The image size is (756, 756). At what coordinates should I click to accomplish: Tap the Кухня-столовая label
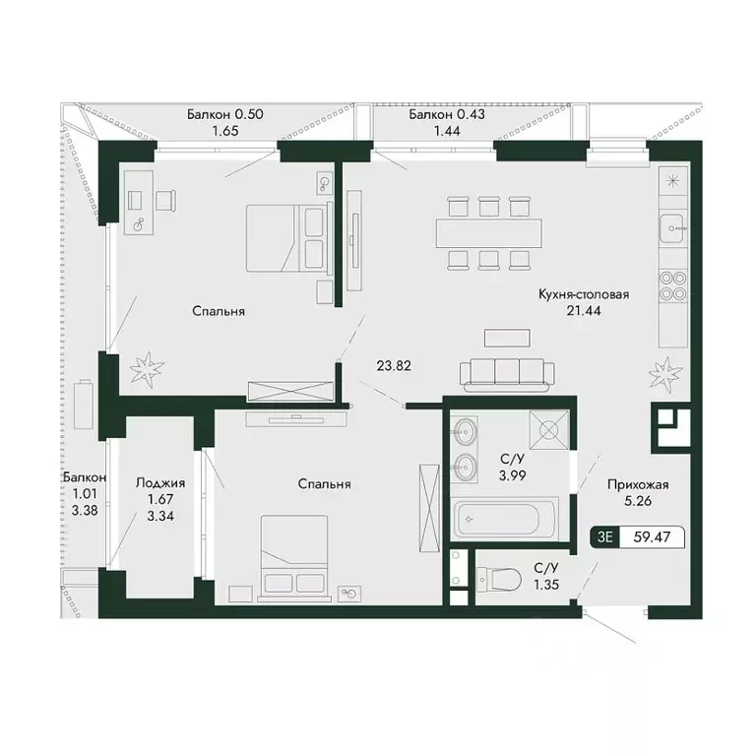(x=584, y=293)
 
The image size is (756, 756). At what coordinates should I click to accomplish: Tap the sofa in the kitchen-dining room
(x=508, y=371)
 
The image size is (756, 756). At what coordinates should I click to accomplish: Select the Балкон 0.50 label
(x=226, y=114)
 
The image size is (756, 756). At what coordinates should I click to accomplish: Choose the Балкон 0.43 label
(x=447, y=114)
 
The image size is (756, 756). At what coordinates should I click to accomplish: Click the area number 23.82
(x=394, y=364)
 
